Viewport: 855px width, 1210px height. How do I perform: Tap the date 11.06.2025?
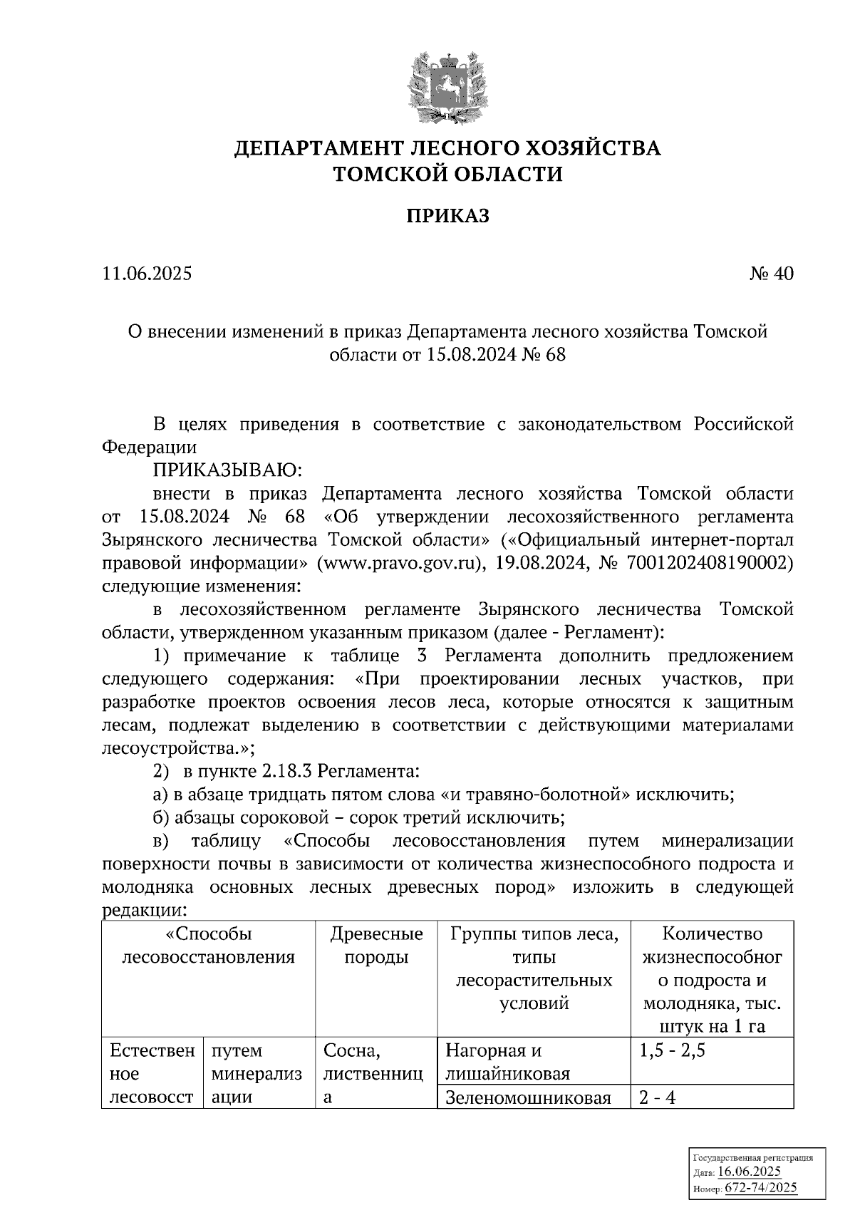click(x=147, y=274)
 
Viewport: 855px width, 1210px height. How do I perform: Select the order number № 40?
click(x=770, y=274)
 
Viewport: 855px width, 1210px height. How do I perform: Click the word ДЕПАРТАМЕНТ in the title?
click(x=321, y=148)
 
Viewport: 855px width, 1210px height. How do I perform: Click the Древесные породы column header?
click(x=376, y=945)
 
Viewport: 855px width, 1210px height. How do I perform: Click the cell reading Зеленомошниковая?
click(x=528, y=1097)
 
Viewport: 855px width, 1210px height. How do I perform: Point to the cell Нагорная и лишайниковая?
click(x=507, y=1062)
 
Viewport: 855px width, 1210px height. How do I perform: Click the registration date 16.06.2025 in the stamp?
click(x=750, y=1172)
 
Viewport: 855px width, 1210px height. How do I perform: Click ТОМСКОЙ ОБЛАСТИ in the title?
click(x=448, y=174)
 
